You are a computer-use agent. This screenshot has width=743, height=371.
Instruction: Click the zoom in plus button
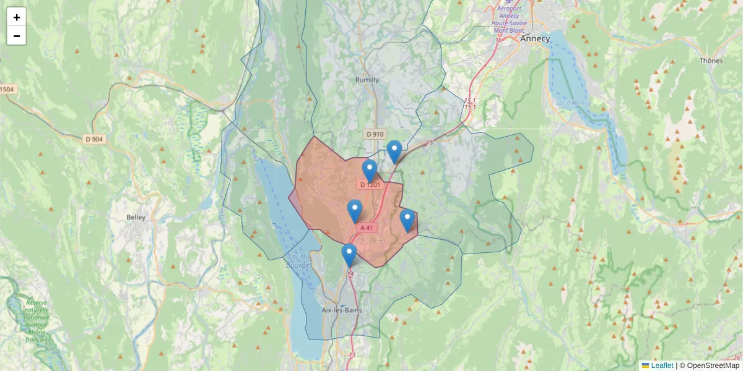[x=16, y=17]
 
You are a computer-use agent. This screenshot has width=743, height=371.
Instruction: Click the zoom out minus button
[x=16, y=36]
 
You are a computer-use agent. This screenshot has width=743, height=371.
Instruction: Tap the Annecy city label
[x=534, y=38]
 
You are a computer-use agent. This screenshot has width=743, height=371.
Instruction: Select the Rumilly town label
[x=367, y=80]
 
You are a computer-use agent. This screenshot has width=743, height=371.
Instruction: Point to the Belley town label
[x=136, y=217]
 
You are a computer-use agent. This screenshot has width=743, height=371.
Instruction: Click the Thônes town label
[x=711, y=61]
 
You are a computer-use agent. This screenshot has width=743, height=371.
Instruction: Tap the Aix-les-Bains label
[x=342, y=310]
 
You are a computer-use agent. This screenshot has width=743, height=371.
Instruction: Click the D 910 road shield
[x=375, y=134]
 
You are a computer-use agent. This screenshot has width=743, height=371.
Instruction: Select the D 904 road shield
[x=93, y=139]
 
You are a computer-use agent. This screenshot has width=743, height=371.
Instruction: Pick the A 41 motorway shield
[x=367, y=228]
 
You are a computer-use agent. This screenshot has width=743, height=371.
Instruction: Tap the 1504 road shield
[x=7, y=90]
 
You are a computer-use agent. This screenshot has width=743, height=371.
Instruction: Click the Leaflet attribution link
[x=661, y=365]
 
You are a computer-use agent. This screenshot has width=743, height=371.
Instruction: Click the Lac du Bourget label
[x=298, y=260]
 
